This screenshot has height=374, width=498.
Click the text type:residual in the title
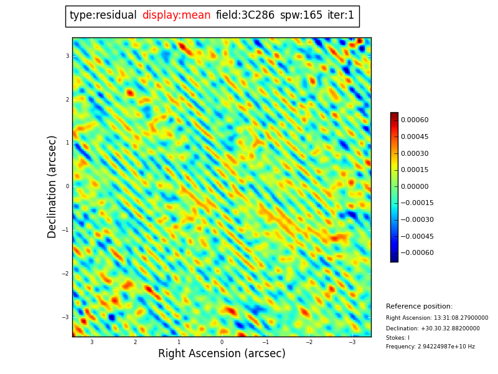point(103,16)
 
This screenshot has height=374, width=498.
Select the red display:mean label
point(176,16)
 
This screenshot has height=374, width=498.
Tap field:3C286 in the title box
point(245,16)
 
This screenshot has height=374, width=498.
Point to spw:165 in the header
point(301,16)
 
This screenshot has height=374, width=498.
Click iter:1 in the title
point(341,16)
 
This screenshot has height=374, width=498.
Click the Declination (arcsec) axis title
point(52,186)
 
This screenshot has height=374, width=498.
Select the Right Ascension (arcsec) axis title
point(222,354)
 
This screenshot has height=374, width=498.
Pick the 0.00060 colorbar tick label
point(415,120)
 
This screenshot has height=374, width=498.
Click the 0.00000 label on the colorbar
point(415,186)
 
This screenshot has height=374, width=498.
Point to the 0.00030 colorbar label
point(415,153)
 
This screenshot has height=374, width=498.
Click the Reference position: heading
point(419,307)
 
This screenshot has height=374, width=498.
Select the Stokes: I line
point(398,338)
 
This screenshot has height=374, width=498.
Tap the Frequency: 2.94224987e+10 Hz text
point(430,347)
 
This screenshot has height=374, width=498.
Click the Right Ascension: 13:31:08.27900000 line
point(437,318)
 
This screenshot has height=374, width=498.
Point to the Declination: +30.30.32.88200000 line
point(433,328)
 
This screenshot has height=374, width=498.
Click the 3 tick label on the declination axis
point(67,56)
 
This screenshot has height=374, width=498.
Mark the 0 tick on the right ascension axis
point(222,342)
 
